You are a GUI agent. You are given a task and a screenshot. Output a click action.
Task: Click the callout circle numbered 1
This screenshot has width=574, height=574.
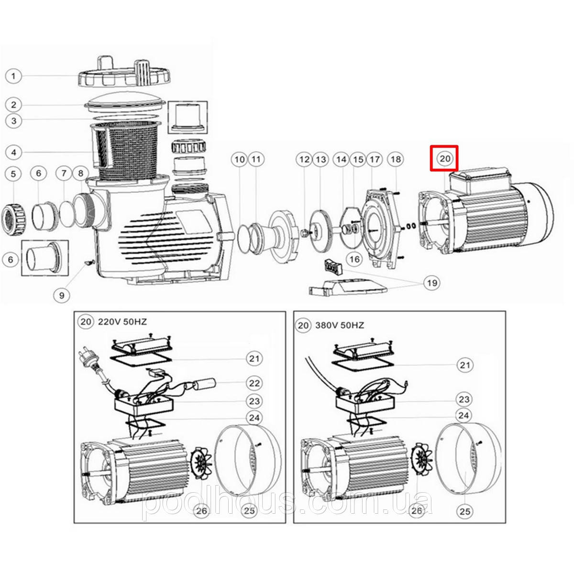pyautogui.click(x=14, y=76)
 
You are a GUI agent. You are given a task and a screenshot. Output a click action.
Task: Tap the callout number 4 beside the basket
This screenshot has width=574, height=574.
pyautogui.click(x=14, y=153)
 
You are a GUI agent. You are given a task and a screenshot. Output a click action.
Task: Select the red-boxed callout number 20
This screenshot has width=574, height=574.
pyautogui.click(x=444, y=158)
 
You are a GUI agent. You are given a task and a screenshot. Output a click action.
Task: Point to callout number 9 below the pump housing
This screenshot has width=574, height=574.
pyautogui.click(x=62, y=295)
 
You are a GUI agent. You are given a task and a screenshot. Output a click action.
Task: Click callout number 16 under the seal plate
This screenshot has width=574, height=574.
pyautogui.click(x=354, y=259)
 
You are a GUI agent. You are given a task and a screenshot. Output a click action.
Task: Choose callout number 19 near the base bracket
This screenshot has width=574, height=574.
pyautogui.click(x=432, y=283)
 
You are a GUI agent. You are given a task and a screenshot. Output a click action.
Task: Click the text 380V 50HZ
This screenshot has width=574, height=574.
pyautogui.click(x=340, y=326)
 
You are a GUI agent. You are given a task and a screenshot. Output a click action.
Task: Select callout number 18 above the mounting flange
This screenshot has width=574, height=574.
pyautogui.click(x=395, y=158)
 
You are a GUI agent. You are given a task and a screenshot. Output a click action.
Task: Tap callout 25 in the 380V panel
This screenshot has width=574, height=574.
pyautogui.click(x=464, y=511)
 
